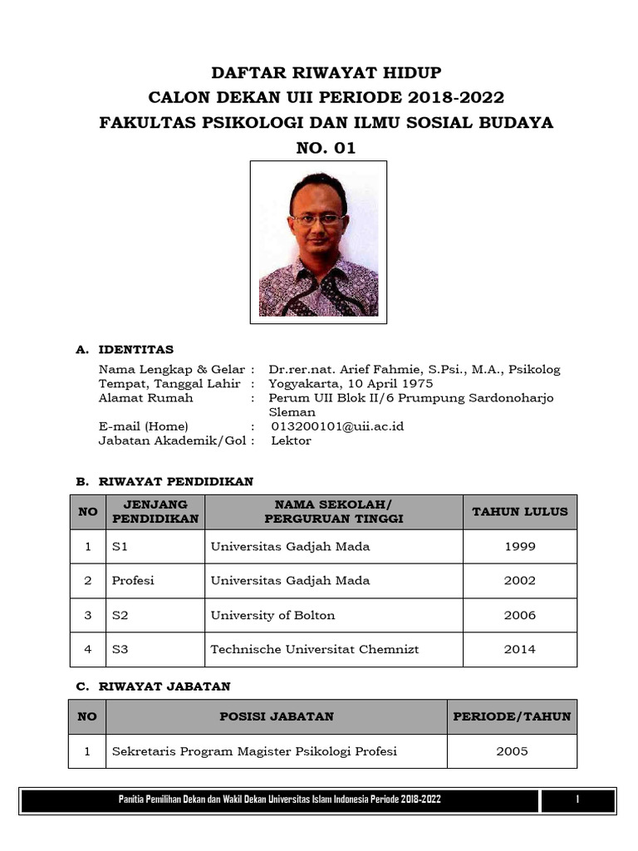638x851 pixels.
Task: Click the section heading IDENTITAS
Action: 135,350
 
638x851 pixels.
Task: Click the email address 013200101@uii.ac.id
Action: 337,426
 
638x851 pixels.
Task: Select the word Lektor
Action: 291,440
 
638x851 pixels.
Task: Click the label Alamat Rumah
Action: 145,398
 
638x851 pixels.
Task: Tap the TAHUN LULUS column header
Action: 520,512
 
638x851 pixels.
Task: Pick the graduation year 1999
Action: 520,547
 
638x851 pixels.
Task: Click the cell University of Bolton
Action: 272,616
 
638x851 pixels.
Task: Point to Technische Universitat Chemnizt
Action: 314,650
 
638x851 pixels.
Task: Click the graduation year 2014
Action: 520,650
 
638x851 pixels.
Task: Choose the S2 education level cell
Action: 120,616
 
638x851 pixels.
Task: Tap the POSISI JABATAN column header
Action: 277,716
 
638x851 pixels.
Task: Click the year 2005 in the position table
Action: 512,751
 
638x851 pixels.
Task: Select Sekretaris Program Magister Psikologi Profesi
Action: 254,751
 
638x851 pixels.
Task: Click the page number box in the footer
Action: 577,799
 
